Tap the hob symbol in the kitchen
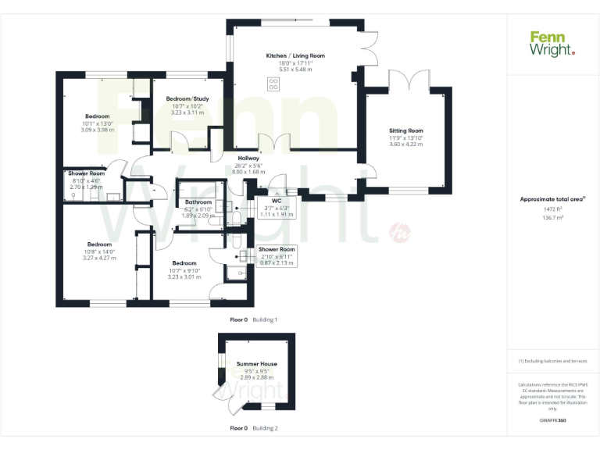pyautogui.click(x=273, y=84)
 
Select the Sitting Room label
pyautogui.click(x=406, y=130)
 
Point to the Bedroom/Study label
pyautogui.click(x=187, y=98)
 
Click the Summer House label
pyautogui.click(x=257, y=364)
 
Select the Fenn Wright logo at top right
pyautogui.click(x=552, y=43)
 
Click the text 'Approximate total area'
pyautogui.click(x=552, y=199)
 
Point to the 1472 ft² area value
pyautogui.click(x=552, y=209)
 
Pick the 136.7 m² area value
pyautogui.click(x=552, y=218)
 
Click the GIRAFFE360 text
pyautogui.click(x=552, y=421)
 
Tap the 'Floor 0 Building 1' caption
pyautogui.click(x=253, y=320)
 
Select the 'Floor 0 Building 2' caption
pyautogui.click(x=253, y=428)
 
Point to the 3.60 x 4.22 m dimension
pyautogui.click(x=406, y=145)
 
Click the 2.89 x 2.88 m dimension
pyautogui.click(x=257, y=378)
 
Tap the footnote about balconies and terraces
pyautogui.click(x=552, y=362)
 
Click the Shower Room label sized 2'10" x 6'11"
pyautogui.click(x=277, y=249)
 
